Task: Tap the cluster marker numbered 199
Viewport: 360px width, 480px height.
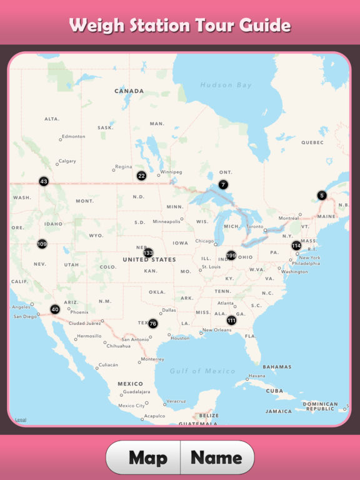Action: click(231, 256)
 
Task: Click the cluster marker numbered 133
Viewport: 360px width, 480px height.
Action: click(148, 253)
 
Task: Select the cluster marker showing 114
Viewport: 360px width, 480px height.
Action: click(296, 246)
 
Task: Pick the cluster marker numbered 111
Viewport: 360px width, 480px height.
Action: click(231, 321)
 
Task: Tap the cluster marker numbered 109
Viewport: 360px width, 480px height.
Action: click(42, 244)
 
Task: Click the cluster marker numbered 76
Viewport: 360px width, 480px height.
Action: click(152, 324)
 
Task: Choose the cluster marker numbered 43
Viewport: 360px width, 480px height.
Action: click(44, 182)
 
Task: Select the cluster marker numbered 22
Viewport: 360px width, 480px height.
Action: click(142, 176)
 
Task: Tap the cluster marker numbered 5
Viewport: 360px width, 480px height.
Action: click(322, 195)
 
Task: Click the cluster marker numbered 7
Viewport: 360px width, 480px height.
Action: click(223, 184)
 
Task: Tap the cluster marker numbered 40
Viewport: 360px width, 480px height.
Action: click(55, 309)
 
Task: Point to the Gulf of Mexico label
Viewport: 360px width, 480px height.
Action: click(202, 371)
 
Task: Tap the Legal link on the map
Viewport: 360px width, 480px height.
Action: click(21, 419)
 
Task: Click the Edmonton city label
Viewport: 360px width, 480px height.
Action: click(73, 136)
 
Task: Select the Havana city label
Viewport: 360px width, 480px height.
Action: click(256, 376)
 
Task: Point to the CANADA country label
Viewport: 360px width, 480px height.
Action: click(129, 91)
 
